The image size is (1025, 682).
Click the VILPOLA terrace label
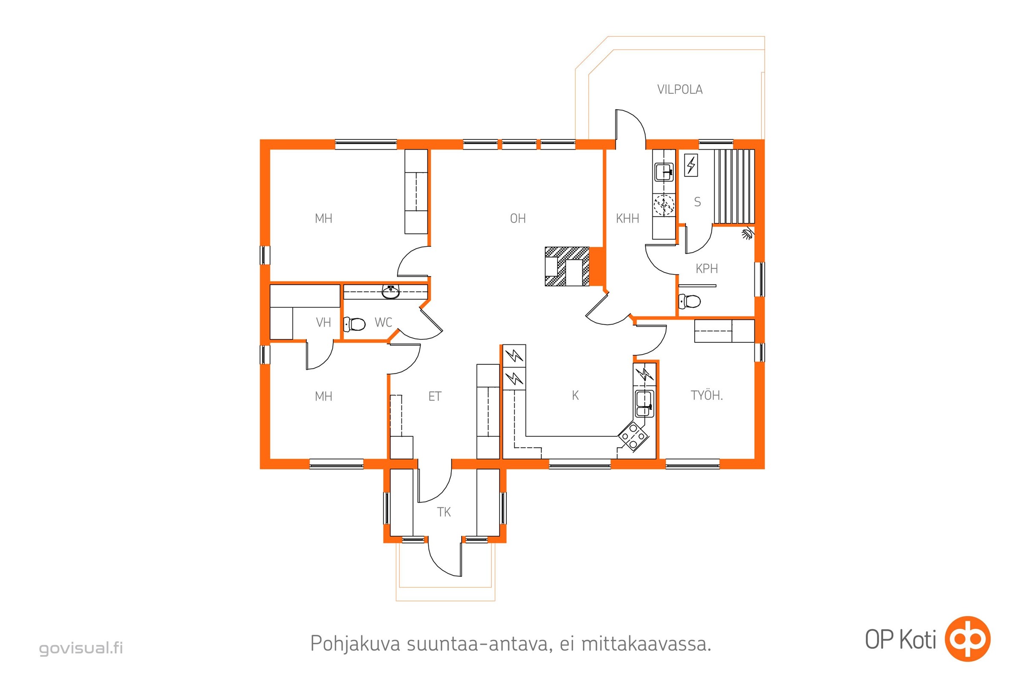pyautogui.click(x=680, y=90)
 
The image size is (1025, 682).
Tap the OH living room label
pyautogui.click(x=518, y=218)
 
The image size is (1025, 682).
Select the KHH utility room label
pyautogui.click(x=627, y=218)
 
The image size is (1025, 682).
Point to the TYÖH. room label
pyautogui.click(x=707, y=396)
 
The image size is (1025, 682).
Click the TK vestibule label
pyautogui.click(x=444, y=512)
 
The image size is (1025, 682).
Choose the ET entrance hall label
pyautogui.click(x=435, y=396)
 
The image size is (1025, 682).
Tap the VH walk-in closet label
pyautogui.click(x=323, y=322)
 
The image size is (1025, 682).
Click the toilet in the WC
pyautogui.click(x=355, y=324)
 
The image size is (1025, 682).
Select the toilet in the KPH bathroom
pyautogui.click(x=689, y=301)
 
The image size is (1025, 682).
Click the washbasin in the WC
pyautogui.click(x=390, y=292)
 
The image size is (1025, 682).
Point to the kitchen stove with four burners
pyautogui.click(x=633, y=435)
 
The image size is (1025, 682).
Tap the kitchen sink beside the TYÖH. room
pyautogui.click(x=644, y=404)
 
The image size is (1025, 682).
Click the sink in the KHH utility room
pyautogui.click(x=664, y=172)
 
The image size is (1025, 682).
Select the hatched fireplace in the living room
pyautogui.click(x=567, y=266)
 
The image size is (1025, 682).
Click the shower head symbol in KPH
pyautogui.click(x=747, y=234)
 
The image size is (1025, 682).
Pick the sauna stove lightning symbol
pyautogui.click(x=691, y=165)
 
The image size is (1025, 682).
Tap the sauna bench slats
pyautogui.click(x=734, y=187)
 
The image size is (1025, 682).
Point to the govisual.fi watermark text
pyautogui.click(x=81, y=648)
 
